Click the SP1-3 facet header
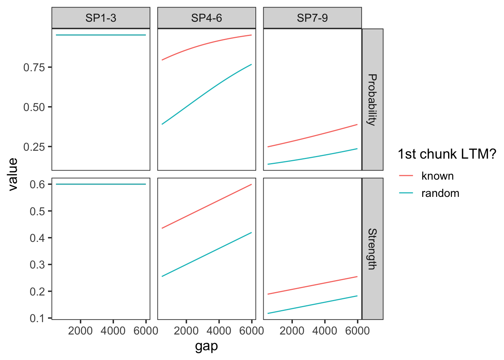(x=101, y=18)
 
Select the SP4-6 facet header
(x=207, y=18)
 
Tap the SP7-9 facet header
(x=312, y=18)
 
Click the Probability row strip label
(x=372, y=99)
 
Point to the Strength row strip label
(x=372, y=249)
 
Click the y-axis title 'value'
(x=13, y=174)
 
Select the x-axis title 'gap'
(x=206, y=346)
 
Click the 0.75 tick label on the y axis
(x=34, y=67)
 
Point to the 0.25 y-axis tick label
(x=34, y=147)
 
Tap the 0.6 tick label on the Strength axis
(x=37, y=184)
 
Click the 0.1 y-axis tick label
(x=37, y=318)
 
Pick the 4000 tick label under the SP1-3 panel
(x=113, y=331)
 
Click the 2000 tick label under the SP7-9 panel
(x=292, y=331)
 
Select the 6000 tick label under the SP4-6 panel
(x=252, y=331)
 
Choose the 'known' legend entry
(x=437, y=176)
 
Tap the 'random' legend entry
(x=440, y=193)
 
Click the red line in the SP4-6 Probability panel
(x=207, y=44)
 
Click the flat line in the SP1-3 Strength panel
(x=101, y=184)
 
